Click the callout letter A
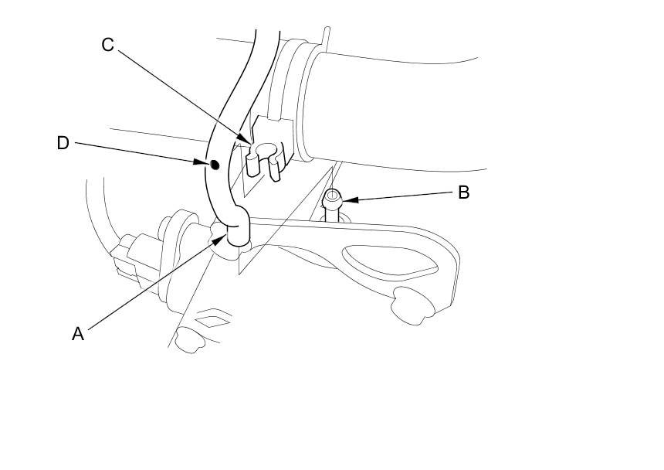77,334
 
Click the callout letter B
463,192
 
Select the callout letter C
107,45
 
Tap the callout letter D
63,143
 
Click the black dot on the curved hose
215,164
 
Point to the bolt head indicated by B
332,197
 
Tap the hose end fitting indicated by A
237,233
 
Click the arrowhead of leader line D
206,162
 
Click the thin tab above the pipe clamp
327,38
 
